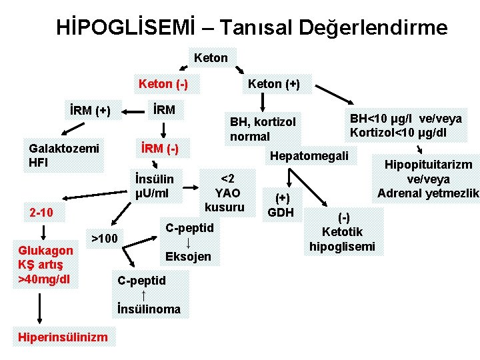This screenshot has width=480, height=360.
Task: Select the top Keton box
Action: click(x=211, y=58)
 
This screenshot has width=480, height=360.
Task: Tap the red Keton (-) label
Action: click(x=163, y=84)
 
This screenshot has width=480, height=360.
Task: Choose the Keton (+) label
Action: click(x=273, y=84)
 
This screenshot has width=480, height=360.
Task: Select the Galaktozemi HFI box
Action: click(x=63, y=155)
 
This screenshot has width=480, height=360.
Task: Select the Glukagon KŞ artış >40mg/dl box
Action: click(x=46, y=264)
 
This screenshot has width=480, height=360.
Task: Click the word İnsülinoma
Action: click(x=149, y=309)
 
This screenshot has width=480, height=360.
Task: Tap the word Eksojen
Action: click(x=188, y=257)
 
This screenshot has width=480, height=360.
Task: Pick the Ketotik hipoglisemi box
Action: click(x=343, y=232)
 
